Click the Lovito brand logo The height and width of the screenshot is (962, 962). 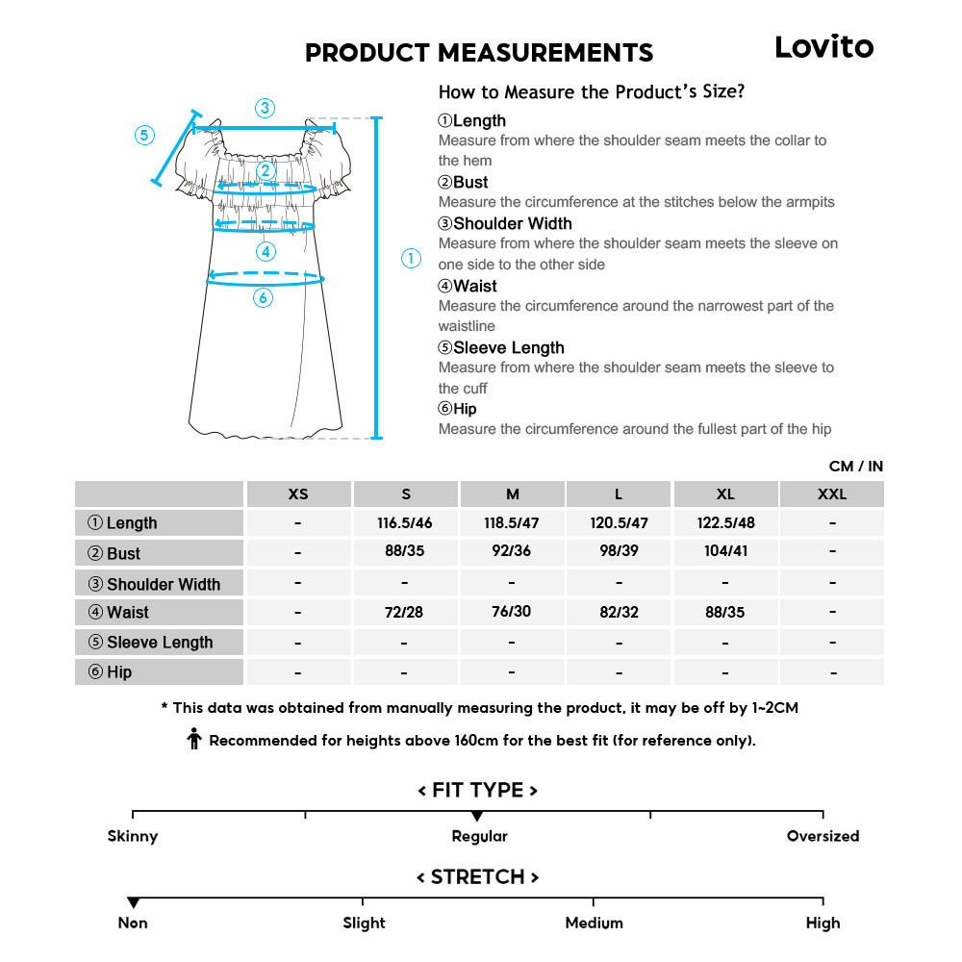coord(823,46)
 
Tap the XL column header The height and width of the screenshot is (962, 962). coord(725,494)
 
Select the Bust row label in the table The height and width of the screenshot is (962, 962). coord(124,554)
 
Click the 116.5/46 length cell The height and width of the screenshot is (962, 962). coord(405,523)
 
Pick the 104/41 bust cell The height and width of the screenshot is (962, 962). coord(725,552)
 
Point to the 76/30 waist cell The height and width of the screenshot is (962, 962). coord(512,612)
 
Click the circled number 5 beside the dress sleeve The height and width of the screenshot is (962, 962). coord(144,136)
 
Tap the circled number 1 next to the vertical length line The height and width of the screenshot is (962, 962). coord(411,258)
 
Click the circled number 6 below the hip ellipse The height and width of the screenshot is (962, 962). coord(264,298)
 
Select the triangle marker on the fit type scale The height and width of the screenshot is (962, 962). coord(477,816)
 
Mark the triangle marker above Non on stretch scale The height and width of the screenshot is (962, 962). coord(133,902)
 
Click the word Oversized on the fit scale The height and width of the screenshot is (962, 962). coord(823,836)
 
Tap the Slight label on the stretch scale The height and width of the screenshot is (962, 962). coord(364,923)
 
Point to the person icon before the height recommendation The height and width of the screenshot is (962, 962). coord(194,740)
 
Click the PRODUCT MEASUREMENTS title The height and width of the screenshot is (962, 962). coord(478,52)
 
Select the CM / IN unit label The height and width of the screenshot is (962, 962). coord(855,467)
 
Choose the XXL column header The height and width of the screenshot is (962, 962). coord(832,494)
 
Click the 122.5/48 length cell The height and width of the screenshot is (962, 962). coord(725,523)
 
